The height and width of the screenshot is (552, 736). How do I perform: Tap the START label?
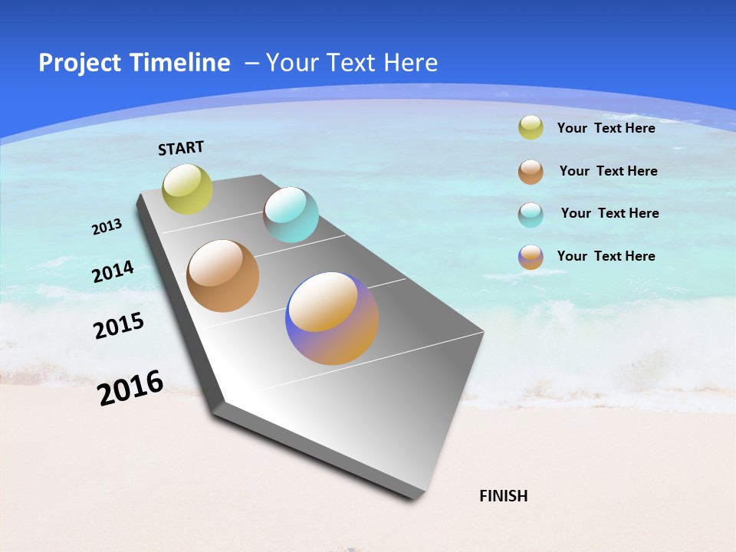pos(181,148)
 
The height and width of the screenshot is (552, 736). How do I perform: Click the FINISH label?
pos(504,496)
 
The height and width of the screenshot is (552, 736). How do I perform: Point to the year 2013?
pos(107,227)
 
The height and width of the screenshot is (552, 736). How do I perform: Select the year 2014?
pos(113,271)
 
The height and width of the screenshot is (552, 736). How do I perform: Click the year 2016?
pos(130,387)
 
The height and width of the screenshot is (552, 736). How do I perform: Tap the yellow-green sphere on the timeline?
pos(187,189)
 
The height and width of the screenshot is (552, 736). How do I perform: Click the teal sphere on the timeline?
pos(291,215)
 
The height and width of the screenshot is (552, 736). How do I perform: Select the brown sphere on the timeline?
pos(222,276)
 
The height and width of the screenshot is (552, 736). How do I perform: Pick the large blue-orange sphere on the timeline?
pos(332,318)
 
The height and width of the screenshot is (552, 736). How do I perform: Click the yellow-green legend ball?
pos(531,127)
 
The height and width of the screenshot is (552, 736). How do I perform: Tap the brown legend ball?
pos(531,172)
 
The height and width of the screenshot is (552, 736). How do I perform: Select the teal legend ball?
pos(531,215)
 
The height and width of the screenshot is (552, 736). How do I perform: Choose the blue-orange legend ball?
pos(531,257)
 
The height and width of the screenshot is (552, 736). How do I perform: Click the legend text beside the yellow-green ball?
pos(606,128)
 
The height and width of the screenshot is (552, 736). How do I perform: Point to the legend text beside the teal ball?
pos(609,213)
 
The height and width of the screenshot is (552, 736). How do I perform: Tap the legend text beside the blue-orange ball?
pos(606,256)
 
